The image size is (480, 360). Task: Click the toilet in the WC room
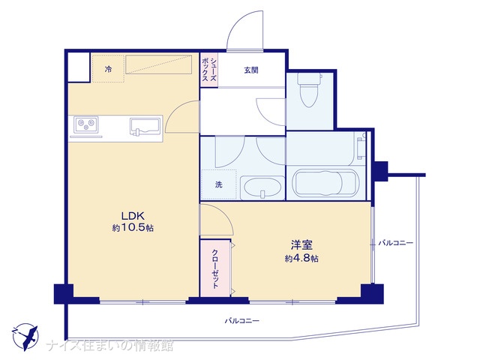pos(309,89)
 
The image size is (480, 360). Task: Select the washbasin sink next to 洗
pos(262,187)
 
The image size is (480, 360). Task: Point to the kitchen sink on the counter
pos(145,127)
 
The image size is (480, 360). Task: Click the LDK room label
pos(133,216)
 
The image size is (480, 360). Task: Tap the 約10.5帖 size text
pos(133,228)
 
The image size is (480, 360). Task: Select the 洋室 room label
pos(301,245)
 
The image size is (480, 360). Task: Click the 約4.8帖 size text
pos(301,259)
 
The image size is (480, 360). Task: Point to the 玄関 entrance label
pos(251,70)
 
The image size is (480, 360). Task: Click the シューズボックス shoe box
pos(208,70)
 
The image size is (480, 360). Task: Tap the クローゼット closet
pos(215,268)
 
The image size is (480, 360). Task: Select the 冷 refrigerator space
pos(108,68)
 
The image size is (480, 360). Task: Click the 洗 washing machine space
pos(218,184)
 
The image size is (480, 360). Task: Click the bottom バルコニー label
pos(242,321)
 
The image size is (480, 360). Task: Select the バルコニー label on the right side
pos(395,243)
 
